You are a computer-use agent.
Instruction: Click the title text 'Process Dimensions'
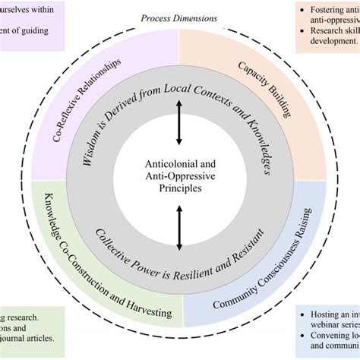(179, 17)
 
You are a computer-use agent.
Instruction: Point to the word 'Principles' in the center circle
(179, 189)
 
